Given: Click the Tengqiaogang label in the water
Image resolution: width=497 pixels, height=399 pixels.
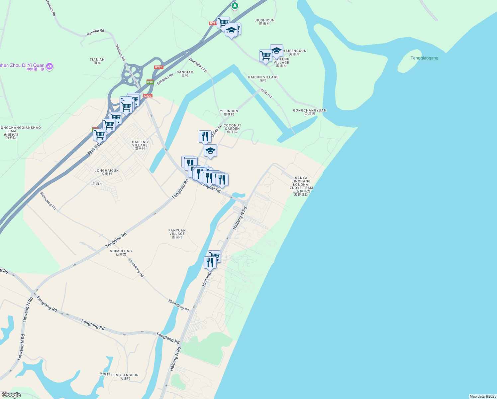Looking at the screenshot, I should (x=424, y=58).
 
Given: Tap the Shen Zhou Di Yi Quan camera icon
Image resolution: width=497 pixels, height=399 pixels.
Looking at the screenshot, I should (x=50, y=66).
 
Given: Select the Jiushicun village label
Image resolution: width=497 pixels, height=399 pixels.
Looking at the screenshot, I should (x=264, y=22).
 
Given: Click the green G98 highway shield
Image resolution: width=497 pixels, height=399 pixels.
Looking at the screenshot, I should (x=150, y=82).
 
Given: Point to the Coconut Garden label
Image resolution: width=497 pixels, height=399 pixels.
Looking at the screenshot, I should (x=232, y=128).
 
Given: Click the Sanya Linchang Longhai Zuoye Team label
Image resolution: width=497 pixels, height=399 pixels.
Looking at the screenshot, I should (x=301, y=186).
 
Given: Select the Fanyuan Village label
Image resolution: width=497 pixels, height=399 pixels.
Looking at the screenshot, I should (x=177, y=233).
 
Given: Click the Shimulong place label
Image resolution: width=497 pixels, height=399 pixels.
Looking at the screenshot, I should (x=121, y=252).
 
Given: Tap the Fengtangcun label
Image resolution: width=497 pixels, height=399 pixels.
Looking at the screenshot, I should (x=125, y=376).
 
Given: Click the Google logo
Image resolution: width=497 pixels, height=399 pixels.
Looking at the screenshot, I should (x=11, y=395).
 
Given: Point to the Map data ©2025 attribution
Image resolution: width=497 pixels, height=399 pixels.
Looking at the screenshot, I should (x=482, y=396).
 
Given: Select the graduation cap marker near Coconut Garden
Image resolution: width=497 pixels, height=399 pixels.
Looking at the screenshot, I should (x=210, y=151).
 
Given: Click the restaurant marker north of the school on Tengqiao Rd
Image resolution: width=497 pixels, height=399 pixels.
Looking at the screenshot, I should (x=205, y=136).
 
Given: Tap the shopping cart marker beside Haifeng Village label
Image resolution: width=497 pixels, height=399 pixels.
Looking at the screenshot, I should (x=265, y=56).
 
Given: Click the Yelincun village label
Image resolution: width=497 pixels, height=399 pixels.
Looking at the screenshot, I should (x=229, y=112).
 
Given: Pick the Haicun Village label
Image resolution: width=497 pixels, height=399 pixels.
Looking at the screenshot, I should (x=263, y=78).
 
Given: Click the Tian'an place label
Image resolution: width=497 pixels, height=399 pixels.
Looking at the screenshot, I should (x=97, y=61).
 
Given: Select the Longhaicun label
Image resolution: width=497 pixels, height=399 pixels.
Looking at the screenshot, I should (x=107, y=172).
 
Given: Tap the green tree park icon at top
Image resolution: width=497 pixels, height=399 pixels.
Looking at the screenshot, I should (x=235, y=6).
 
